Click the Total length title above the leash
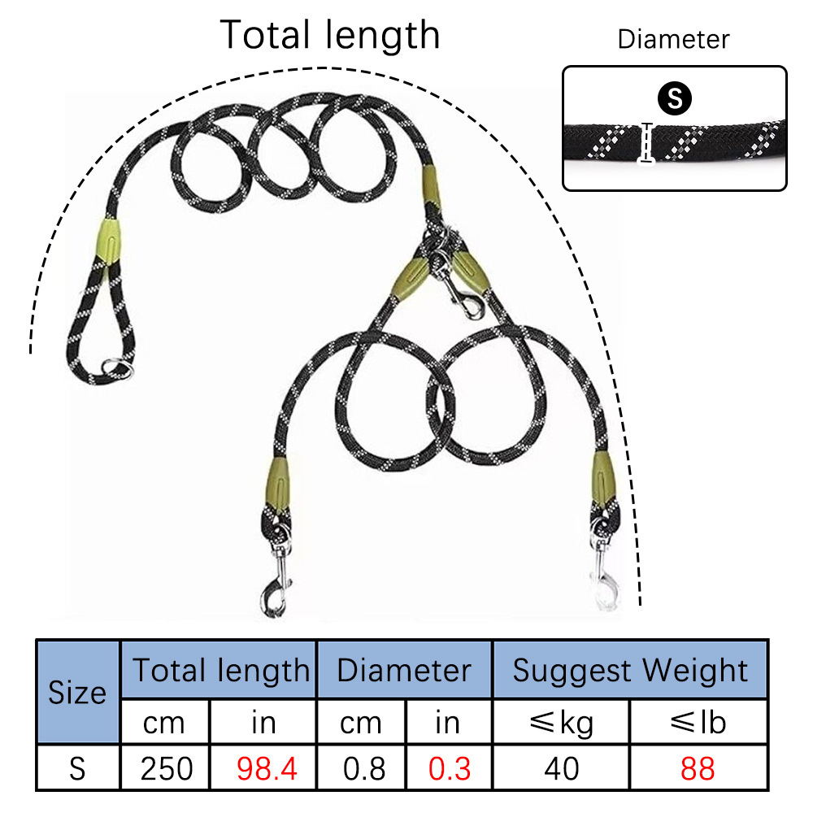(330, 35)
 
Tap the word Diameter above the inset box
(673, 39)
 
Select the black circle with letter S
(674, 99)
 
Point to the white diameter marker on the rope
(648, 142)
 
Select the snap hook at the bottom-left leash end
(274, 591)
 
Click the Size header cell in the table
(78, 692)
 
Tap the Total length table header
(219, 670)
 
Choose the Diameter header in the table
(404, 670)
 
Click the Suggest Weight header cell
(630, 670)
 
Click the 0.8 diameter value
(361, 767)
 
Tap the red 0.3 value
(449, 767)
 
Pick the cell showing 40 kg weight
(561, 767)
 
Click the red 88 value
(698, 767)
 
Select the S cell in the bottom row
(78, 767)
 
